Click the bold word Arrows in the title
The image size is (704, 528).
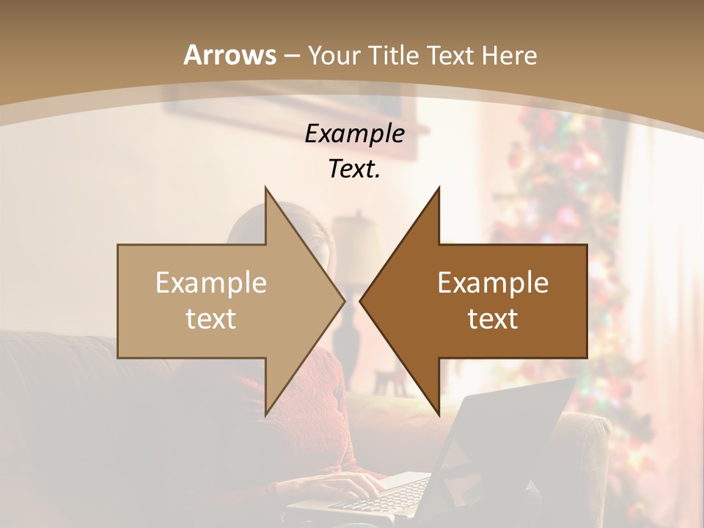pos(230,55)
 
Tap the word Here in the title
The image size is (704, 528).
pos(510,55)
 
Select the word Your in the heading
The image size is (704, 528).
pos(334,55)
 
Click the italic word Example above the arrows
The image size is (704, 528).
pos(355,134)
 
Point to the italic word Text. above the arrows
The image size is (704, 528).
pos(355,169)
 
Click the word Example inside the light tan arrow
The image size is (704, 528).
pos(211,283)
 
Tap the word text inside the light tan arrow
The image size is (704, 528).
pos(211,319)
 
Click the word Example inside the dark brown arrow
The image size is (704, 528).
pos(493,283)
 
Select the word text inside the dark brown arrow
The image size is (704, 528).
pos(493,319)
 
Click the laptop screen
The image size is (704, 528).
pos(506,433)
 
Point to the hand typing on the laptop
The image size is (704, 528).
pos(352,484)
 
